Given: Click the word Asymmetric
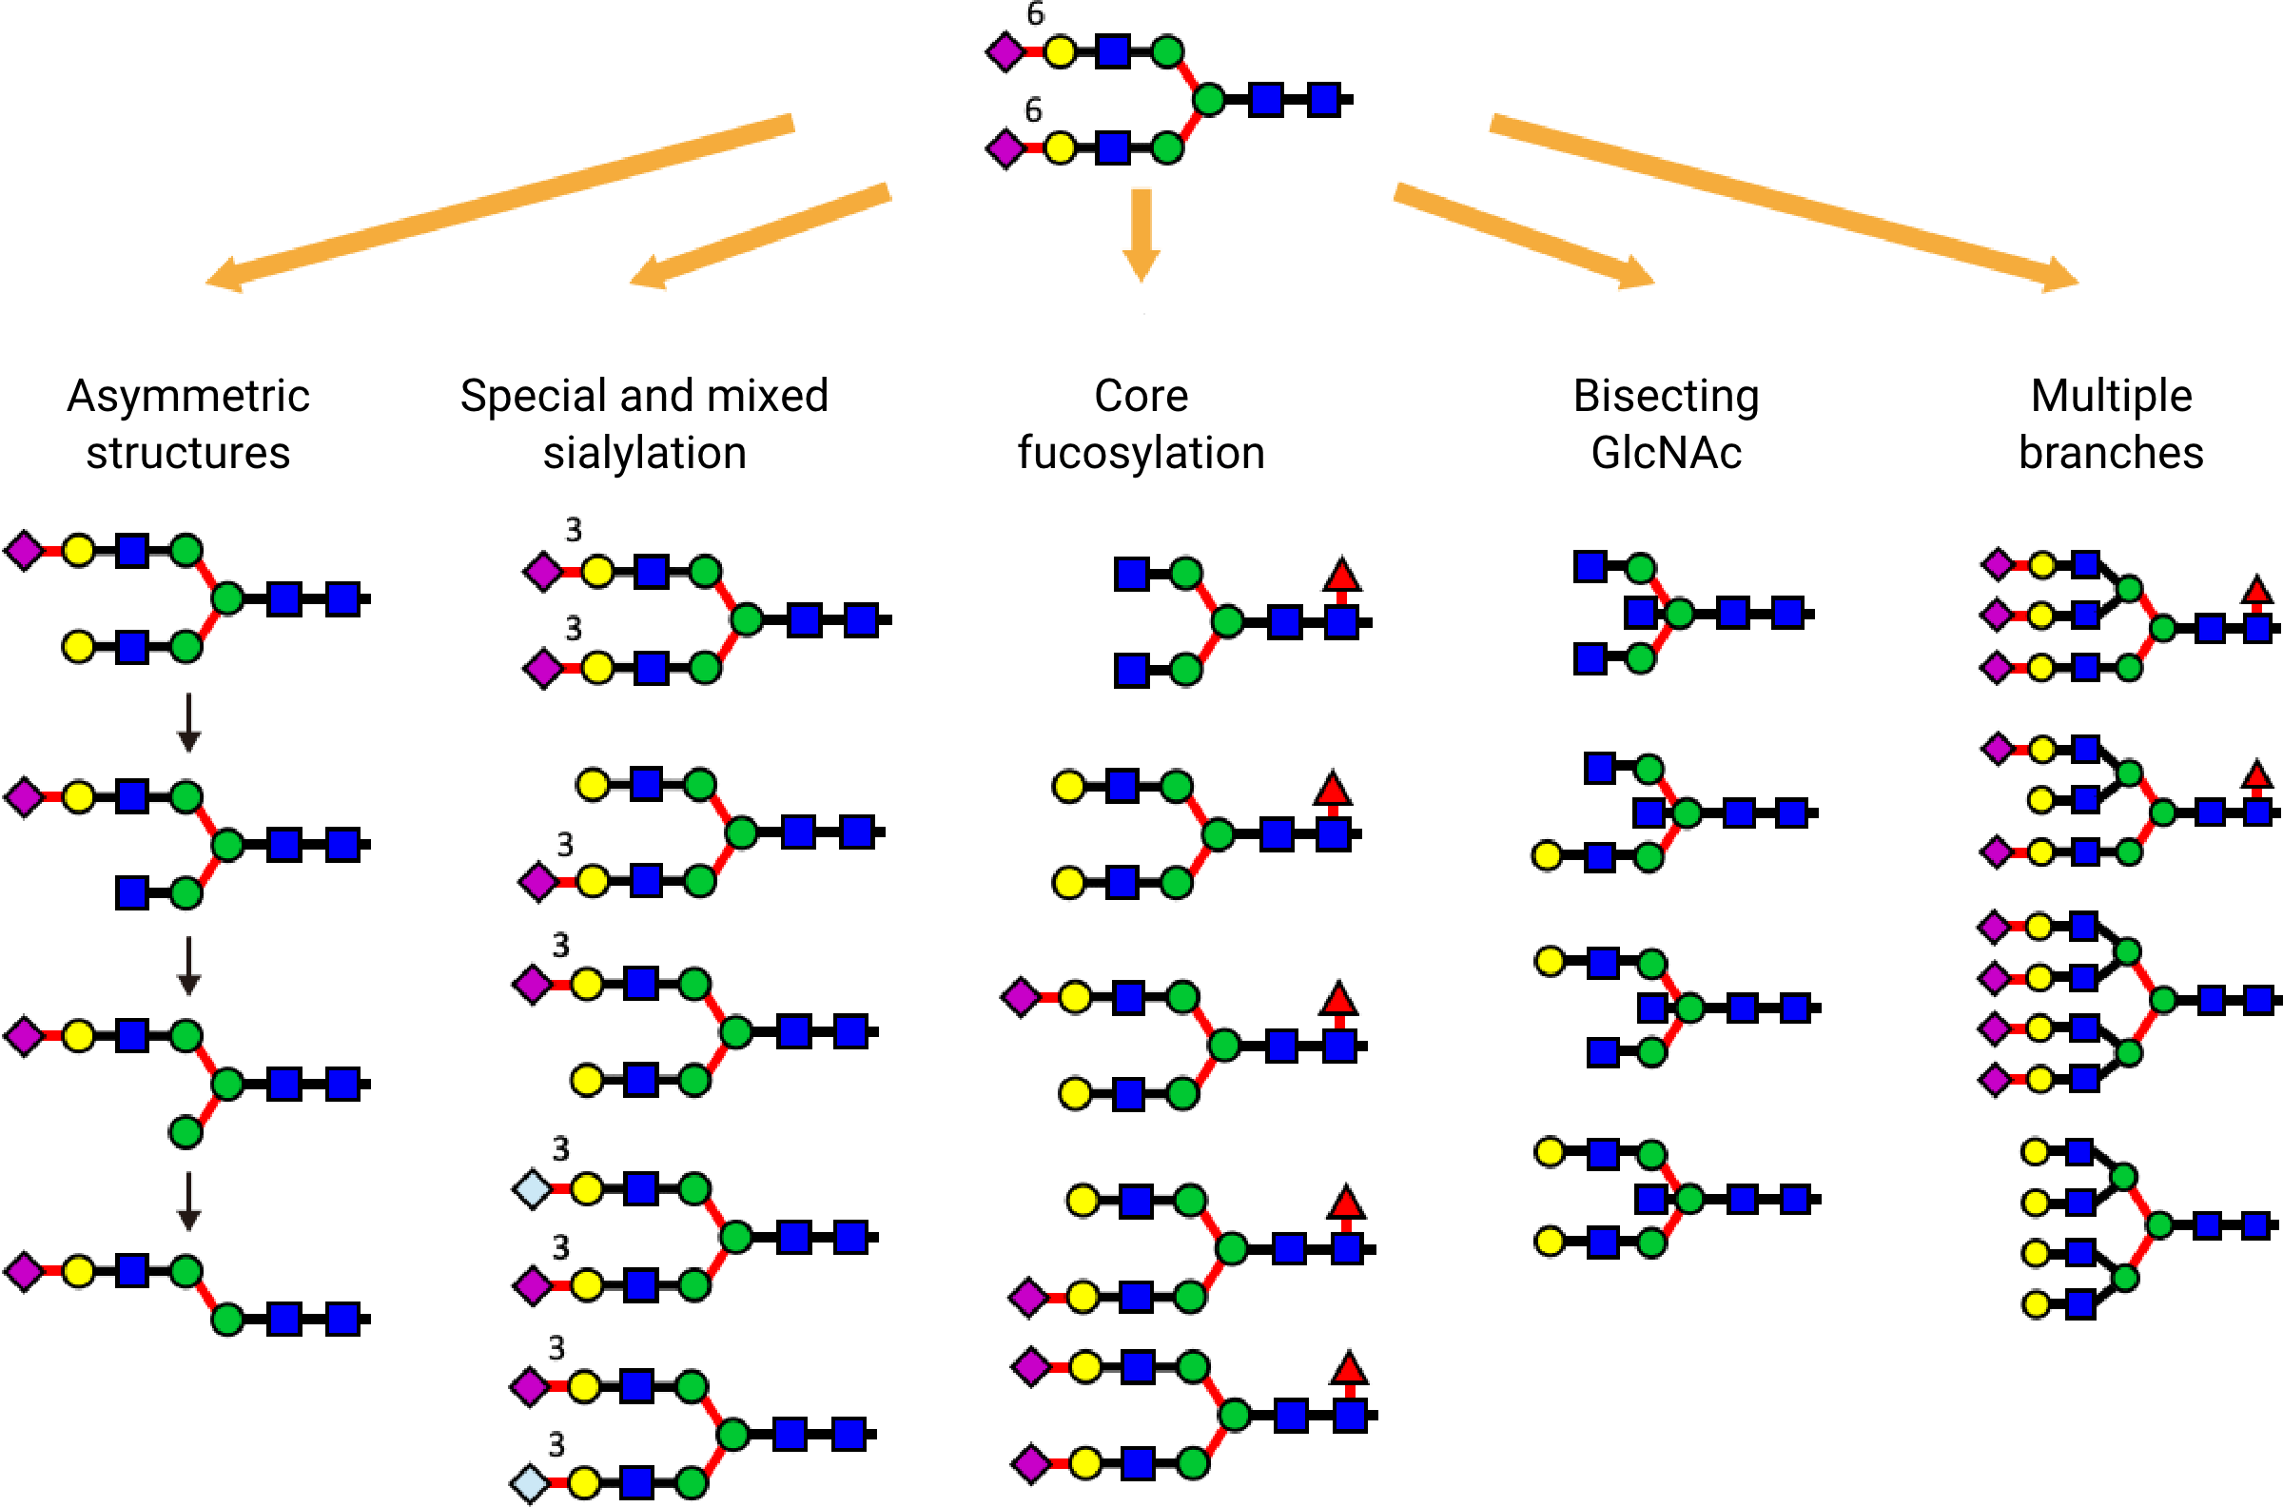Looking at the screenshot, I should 188,397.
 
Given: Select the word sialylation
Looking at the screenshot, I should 644,453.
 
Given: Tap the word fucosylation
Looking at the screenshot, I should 1141,453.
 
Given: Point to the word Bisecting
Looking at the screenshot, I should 1666,397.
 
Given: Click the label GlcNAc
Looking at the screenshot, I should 1666,453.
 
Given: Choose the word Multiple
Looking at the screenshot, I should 2111,395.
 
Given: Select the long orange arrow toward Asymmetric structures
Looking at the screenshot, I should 499,202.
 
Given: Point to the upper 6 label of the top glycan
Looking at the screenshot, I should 1035,13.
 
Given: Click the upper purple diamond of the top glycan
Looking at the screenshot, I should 1005,52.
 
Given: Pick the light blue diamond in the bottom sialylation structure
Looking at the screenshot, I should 531,1482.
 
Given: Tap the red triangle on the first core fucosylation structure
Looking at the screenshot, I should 1341,575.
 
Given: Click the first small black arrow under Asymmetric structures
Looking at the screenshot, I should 188,722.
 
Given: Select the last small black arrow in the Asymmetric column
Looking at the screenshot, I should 188,1201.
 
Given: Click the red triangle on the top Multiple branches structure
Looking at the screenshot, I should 2256,589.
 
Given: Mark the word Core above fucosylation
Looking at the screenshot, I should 1141,396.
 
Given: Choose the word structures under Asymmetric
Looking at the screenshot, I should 188,453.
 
